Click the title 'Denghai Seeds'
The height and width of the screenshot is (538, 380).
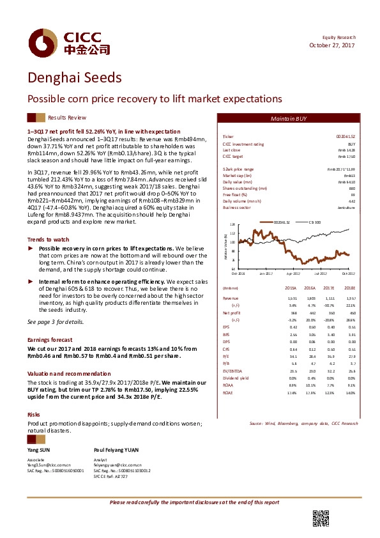74,78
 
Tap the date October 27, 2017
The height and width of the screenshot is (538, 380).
332,45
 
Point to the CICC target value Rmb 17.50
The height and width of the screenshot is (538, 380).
346,156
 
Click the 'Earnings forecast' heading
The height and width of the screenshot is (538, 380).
51,339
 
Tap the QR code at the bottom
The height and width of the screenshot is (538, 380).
320,519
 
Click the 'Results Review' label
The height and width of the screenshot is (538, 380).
67,118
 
